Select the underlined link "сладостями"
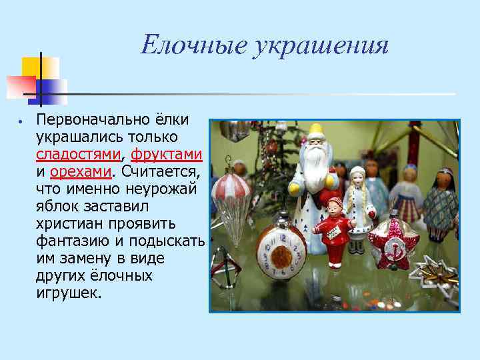pos(78,155)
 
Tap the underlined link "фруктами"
pos(166,155)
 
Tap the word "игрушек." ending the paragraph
pos(69,293)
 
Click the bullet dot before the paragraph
pos(21,124)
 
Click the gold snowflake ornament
pos(434,273)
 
